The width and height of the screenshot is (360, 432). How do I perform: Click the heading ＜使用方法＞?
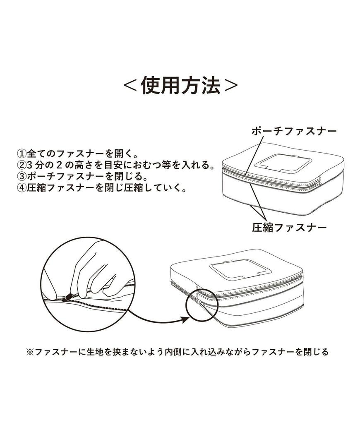click(181, 86)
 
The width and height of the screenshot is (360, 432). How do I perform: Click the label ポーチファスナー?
click(294, 132)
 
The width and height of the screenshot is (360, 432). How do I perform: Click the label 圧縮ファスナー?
click(289, 227)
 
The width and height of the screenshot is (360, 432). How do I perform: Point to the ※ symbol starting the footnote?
click(29, 352)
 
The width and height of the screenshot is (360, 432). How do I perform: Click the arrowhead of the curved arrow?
click(185, 319)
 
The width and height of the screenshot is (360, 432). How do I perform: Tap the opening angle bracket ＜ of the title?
click(131, 86)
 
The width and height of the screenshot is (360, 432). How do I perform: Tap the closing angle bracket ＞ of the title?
click(230, 86)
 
